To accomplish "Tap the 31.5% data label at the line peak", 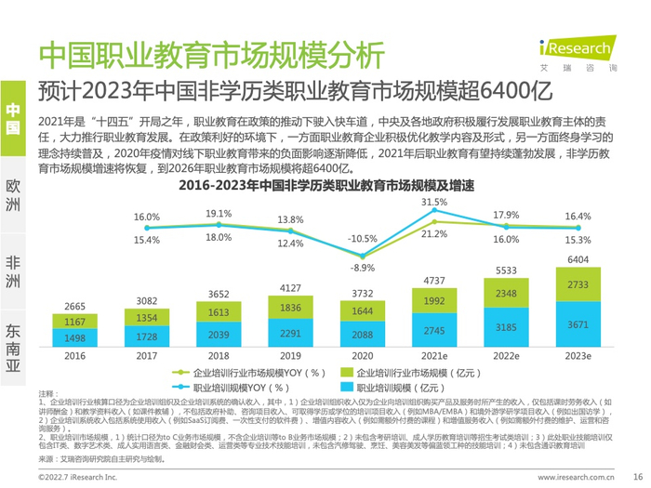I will coord(434,202).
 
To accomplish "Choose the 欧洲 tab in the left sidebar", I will coord(13,192).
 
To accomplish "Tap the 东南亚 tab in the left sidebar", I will coord(13,345).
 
